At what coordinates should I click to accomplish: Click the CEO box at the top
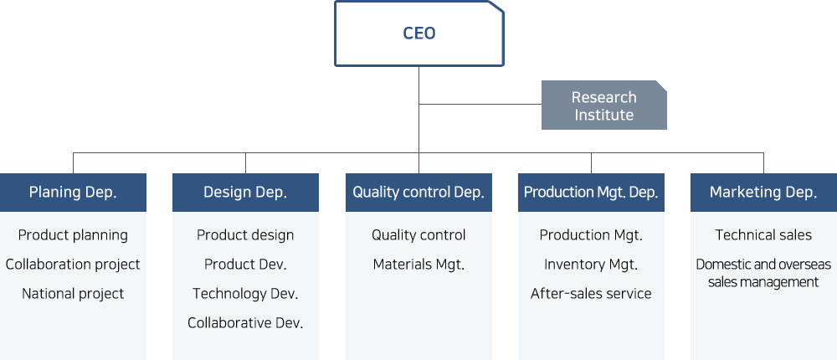click(x=419, y=33)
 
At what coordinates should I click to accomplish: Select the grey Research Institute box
click(x=603, y=105)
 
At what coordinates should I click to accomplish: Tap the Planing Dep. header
click(x=73, y=193)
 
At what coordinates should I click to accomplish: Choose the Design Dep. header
click(x=245, y=193)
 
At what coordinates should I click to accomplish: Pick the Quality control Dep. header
click(x=418, y=193)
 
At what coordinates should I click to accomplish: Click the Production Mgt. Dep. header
click(x=591, y=193)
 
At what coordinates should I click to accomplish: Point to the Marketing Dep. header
click(x=763, y=193)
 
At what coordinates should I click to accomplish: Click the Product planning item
click(x=73, y=235)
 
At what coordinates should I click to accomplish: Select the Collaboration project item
click(x=73, y=265)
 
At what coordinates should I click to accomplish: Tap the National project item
click(x=73, y=293)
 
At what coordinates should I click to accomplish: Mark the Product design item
click(x=245, y=235)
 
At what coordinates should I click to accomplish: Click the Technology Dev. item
click(x=245, y=293)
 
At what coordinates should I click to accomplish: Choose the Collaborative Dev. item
click(x=245, y=322)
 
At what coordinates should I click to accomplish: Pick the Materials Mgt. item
click(x=418, y=265)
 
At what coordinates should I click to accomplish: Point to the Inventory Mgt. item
click(x=591, y=265)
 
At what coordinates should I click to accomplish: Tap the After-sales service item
click(x=591, y=293)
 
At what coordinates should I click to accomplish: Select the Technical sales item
click(x=763, y=235)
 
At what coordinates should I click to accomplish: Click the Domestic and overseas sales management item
click(x=763, y=273)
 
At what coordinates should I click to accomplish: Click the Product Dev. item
click(x=245, y=265)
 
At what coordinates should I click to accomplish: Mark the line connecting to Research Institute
click(x=480, y=104)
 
